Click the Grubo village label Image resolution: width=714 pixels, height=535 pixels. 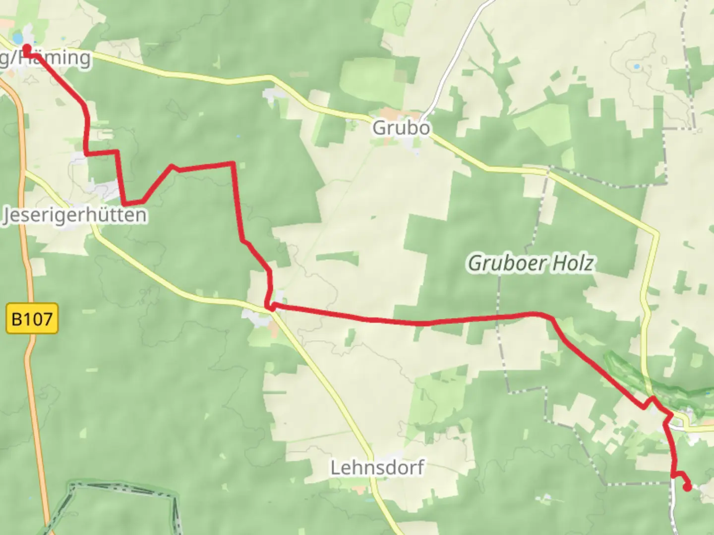click(x=401, y=128)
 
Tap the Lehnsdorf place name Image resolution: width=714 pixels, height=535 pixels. click(x=377, y=467)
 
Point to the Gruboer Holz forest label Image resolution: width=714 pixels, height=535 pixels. click(x=531, y=263)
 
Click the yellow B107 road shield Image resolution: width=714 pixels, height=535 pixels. click(x=32, y=319)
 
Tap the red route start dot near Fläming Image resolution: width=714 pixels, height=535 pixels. click(x=27, y=48)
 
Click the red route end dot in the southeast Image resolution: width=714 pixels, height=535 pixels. click(x=687, y=487)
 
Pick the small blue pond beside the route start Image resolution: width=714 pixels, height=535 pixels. click(x=17, y=38)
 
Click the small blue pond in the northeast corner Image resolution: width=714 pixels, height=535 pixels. click(x=636, y=65)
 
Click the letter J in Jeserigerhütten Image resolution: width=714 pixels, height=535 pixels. click(x=7, y=215)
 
